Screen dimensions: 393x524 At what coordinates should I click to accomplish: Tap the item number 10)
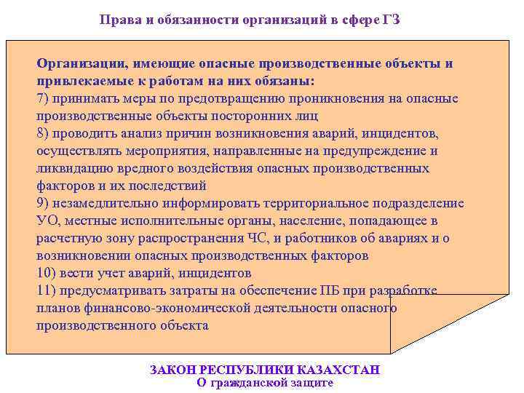[48, 274]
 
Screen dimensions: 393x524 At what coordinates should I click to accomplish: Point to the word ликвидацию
[73, 169]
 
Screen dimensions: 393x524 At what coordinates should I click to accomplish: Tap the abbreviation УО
[47, 221]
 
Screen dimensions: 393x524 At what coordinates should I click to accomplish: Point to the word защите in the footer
[309, 383]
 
